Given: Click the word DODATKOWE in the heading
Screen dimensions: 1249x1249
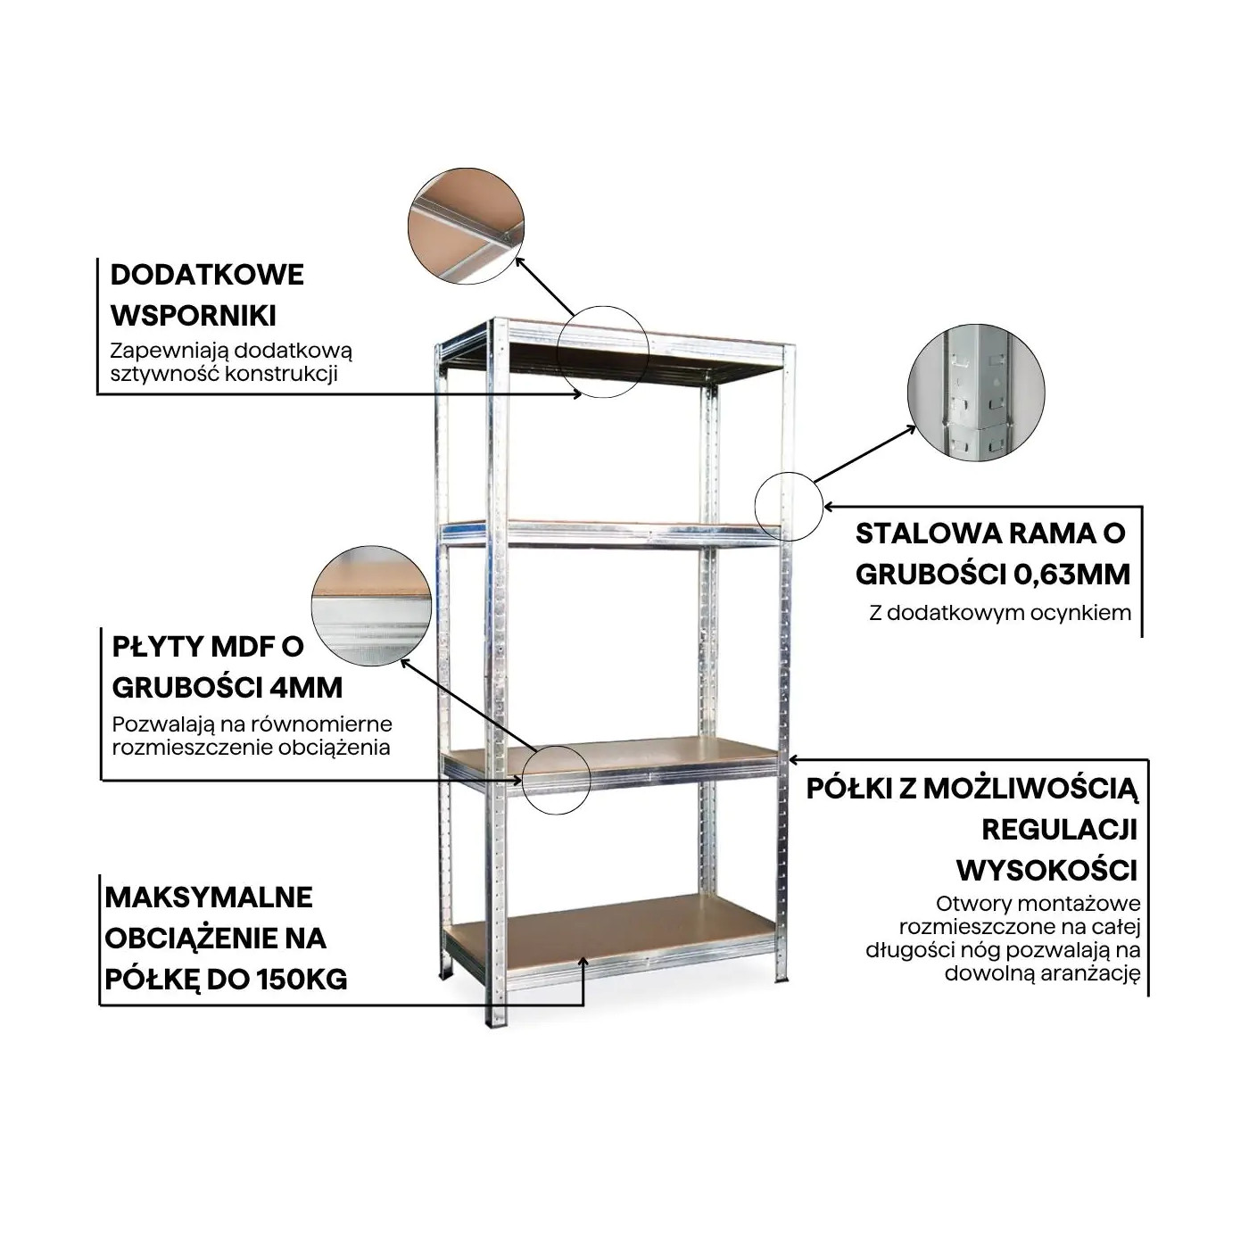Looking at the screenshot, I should point(207,275).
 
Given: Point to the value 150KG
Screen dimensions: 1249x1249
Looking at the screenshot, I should point(302,980).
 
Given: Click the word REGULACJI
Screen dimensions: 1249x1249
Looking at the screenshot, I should point(1059,829).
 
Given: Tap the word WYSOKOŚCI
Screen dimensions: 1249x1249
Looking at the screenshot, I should point(1046,870).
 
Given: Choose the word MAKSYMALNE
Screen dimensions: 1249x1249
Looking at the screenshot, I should point(209,897).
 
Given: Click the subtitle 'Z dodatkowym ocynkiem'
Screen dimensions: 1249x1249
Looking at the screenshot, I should point(999,614).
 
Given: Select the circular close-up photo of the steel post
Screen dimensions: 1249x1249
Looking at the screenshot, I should point(976,393).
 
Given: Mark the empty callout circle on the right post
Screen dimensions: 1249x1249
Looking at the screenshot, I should point(789,506).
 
